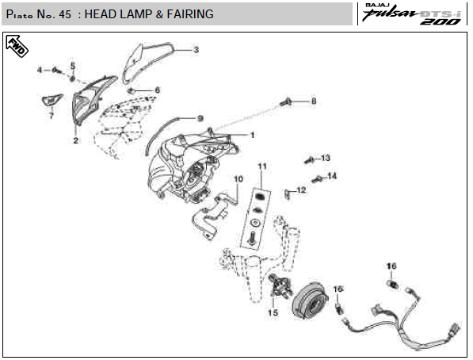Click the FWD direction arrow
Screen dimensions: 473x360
point(17,46)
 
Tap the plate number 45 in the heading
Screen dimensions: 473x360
point(65,14)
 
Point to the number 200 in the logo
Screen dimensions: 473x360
point(441,21)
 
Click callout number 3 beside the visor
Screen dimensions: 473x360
point(196,49)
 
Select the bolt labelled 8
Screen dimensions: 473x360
point(285,101)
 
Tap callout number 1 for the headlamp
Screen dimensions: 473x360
point(253,135)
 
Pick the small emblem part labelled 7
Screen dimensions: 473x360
point(51,100)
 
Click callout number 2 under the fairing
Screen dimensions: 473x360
point(76,140)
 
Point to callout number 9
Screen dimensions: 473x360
point(200,118)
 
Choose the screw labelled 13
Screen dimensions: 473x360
point(309,159)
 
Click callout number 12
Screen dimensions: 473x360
point(301,190)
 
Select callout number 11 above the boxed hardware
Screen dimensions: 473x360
point(262,166)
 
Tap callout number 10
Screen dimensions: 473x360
point(238,179)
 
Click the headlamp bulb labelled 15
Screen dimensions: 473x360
point(281,285)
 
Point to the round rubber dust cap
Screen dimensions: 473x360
point(310,300)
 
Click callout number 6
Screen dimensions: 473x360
point(157,90)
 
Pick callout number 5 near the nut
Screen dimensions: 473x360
point(73,66)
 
